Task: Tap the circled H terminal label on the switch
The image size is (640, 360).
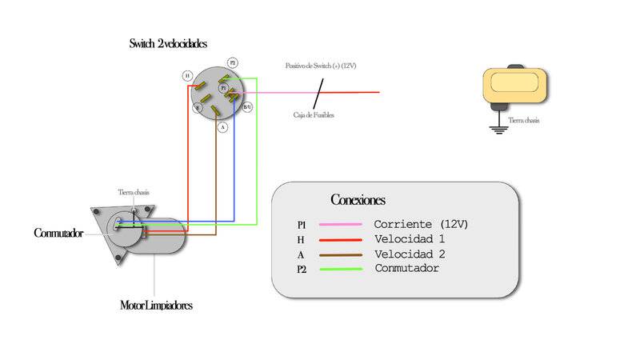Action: tap(187, 76)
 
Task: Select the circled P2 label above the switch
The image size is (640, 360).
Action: tap(232, 62)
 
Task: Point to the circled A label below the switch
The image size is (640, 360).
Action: tap(222, 126)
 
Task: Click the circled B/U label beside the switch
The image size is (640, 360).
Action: tap(247, 106)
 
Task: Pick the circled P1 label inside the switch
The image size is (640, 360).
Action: tap(223, 88)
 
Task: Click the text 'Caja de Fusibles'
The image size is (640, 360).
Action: tap(313, 115)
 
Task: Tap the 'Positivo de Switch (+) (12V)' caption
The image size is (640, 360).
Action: tap(321, 66)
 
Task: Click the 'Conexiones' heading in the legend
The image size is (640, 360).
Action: tap(358, 199)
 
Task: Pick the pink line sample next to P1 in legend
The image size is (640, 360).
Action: tap(339, 225)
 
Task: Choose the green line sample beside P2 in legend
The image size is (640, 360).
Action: tap(339, 269)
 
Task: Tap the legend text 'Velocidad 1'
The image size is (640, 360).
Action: tap(410, 239)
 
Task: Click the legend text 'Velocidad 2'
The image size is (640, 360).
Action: tap(410, 254)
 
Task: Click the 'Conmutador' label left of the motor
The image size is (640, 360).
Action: tap(58, 234)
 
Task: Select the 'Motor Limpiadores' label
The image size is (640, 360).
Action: tap(156, 305)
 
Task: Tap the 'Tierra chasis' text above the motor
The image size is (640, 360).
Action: tap(134, 192)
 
